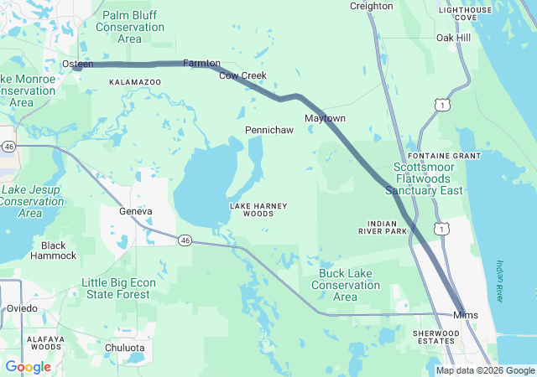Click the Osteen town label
point(78,64)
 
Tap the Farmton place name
point(201,64)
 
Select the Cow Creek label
point(242,75)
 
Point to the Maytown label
point(325,118)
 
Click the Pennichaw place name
point(268,131)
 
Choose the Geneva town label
point(135,211)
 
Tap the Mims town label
point(465,315)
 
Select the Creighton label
point(371,6)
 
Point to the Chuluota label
point(125,348)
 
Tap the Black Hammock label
point(53,250)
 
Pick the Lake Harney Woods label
point(252,209)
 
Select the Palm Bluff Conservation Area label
point(130,27)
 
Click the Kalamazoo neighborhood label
point(135,82)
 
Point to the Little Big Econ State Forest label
point(117,288)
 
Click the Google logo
point(28,367)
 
